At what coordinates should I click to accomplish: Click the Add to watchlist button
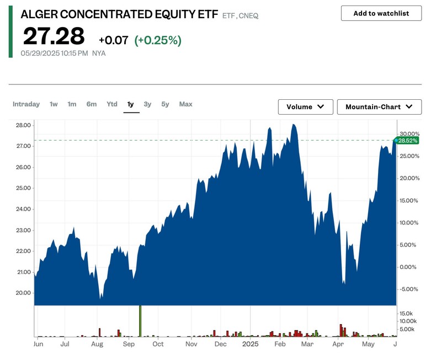click(381, 13)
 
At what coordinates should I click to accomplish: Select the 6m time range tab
click(92, 104)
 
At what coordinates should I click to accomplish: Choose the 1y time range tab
click(131, 104)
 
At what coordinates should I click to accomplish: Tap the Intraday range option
click(26, 104)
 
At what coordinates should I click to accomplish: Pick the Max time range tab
click(185, 104)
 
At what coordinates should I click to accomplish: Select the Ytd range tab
click(112, 104)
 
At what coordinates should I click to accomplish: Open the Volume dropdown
click(305, 107)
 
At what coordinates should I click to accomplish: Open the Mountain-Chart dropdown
click(379, 107)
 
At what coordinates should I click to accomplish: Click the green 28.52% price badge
click(408, 141)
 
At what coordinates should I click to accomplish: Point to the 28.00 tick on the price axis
click(23, 125)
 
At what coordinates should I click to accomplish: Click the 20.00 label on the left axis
click(23, 293)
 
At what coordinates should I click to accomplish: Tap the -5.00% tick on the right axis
click(409, 289)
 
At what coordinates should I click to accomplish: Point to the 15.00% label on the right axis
click(409, 201)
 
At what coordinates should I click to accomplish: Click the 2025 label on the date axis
click(250, 344)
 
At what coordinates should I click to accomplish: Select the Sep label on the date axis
click(129, 344)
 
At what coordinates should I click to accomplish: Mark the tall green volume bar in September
click(140, 321)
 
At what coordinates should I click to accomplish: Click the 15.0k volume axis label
click(407, 313)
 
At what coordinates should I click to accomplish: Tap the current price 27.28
click(54, 36)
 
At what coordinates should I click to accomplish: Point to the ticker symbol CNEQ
click(249, 16)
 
